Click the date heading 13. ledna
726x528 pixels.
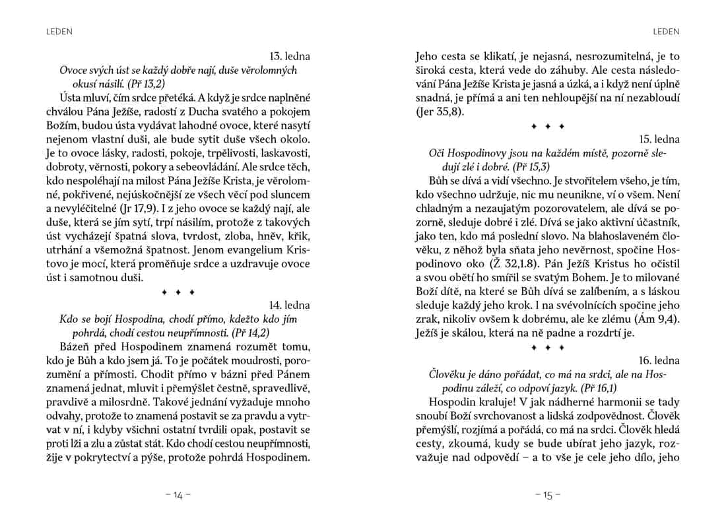(290, 57)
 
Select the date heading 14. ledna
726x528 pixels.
(290, 305)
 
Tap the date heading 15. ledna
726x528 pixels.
(659, 139)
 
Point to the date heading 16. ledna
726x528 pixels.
(659, 360)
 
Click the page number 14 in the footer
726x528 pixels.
(178, 496)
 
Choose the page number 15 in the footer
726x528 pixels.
(548, 496)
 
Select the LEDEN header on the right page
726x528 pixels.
(665, 31)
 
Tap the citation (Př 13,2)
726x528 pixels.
(147, 84)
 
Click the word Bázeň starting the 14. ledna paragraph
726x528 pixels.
(77, 347)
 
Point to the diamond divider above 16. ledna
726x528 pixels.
(548, 346)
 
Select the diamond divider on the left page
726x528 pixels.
(178, 291)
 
